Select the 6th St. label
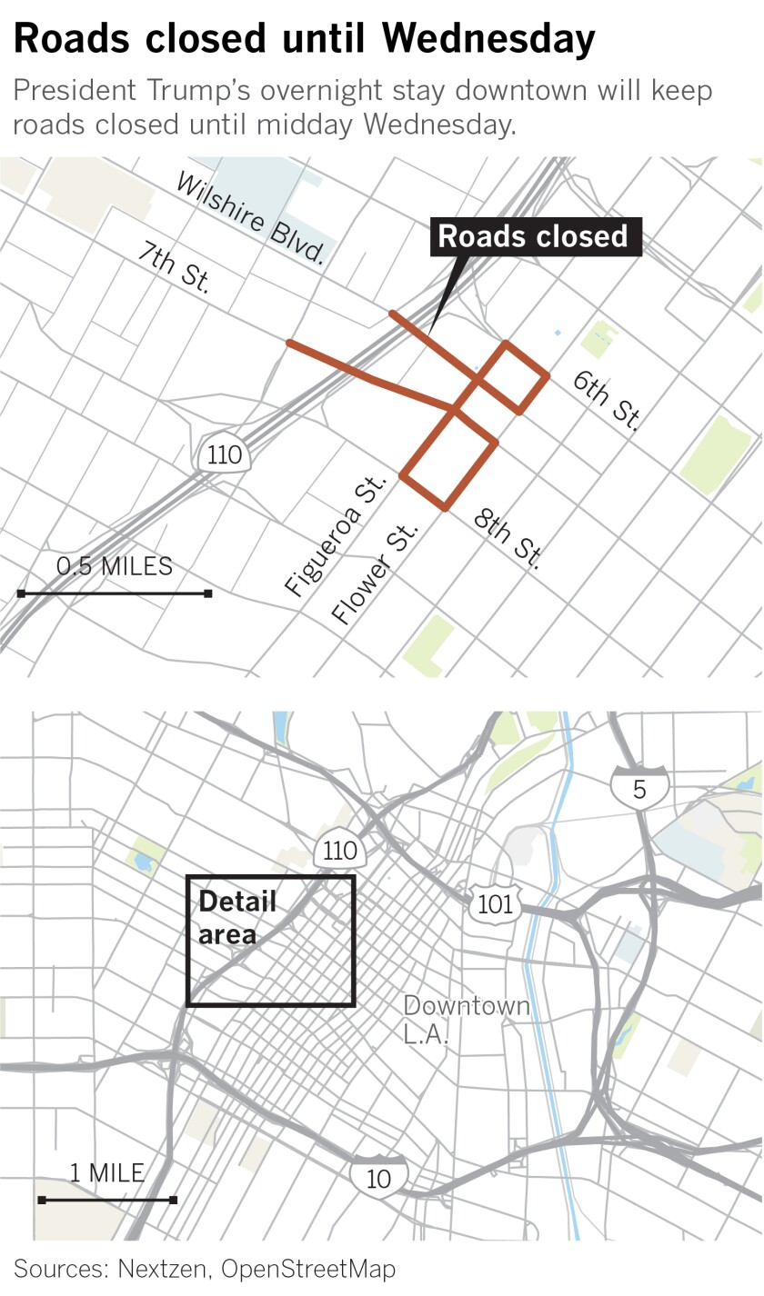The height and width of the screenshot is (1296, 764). point(607,401)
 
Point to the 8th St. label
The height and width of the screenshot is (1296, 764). point(508,539)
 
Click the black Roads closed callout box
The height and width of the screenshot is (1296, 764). point(533,237)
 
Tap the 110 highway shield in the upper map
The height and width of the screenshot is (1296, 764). point(225,454)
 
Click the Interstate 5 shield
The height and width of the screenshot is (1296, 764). point(639,787)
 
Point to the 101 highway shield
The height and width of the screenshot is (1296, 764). point(495,903)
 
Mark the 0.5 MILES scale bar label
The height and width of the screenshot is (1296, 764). point(114,567)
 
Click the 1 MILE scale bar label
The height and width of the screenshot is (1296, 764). point(106,1172)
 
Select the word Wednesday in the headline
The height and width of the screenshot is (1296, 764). point(488,39)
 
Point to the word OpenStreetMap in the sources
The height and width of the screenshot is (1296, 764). point(308,1268)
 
